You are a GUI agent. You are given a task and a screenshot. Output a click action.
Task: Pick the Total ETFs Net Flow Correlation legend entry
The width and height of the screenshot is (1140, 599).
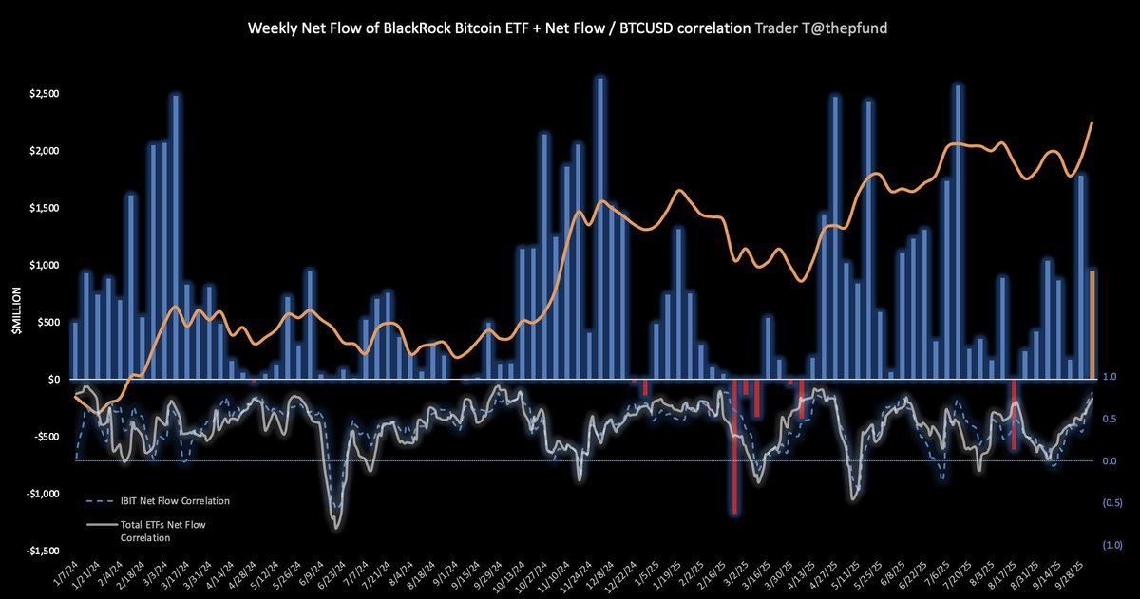[159, 530]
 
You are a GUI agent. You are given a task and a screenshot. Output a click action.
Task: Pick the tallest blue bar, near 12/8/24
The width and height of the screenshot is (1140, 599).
[599, 228]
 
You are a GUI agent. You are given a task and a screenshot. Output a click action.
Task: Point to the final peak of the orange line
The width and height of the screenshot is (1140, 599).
[1092, 122]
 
